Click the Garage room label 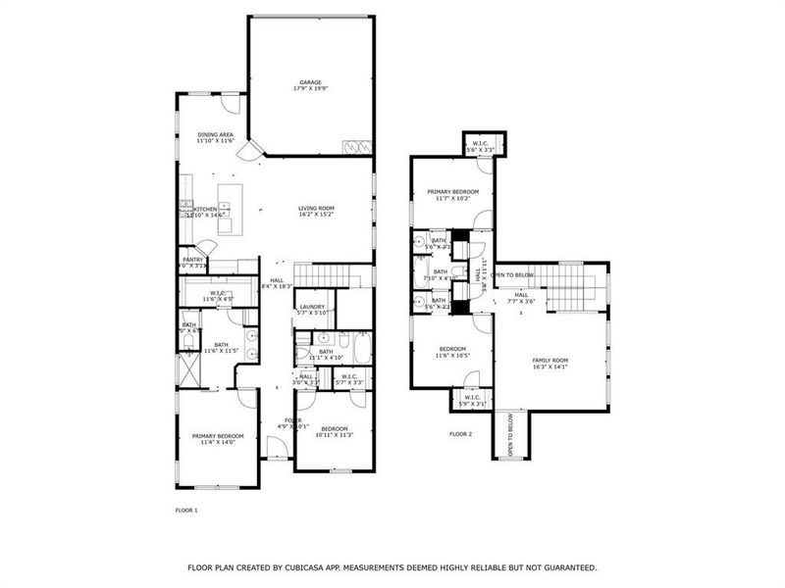point(309,85)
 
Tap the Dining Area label point(215,138)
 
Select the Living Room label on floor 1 point(317,212)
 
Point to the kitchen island point(227,208)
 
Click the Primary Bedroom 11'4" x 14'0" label point(218,439)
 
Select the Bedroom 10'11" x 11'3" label point(334,431)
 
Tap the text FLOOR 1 point(186,511)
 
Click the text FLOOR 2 point(460,433)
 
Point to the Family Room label point(550,364)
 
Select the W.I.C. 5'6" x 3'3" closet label point(481,146)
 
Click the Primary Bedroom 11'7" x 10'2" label point(452,194)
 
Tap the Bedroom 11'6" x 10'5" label point(452,352)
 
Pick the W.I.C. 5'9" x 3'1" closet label point(472,400)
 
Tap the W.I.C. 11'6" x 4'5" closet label point(218,296)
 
